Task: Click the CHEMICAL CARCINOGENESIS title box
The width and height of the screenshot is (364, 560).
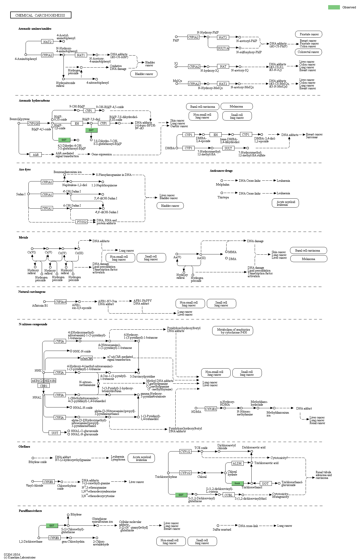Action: click(x=40, y=15)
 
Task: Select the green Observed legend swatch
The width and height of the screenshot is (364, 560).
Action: click(x=334, y=7)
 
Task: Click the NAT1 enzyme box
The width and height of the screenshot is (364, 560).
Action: click(x=81, y=55)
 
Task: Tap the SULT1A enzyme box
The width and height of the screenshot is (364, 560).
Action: click(x=223, y=48)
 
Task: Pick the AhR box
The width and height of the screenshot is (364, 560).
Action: click(x=36, y=155)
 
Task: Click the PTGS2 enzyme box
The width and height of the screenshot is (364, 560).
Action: click(x=82, y=222)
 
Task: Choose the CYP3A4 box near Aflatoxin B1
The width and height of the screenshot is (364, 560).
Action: click(x=60, y=302)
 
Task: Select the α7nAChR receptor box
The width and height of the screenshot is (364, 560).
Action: click(x=87, y=358)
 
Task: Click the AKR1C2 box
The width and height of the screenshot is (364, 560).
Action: click(x=37, y=381)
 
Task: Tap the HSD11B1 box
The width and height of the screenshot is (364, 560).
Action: click(x=50, y=381)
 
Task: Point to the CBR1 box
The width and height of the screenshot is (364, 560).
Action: click(x=44, y=386)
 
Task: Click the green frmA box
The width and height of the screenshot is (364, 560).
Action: click(x=237, y=483)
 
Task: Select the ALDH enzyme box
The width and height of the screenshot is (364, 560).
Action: click(x=237, y=463)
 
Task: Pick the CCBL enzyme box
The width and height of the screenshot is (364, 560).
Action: click(x=228, y=495)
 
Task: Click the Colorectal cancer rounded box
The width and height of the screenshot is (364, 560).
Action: click(x=308, y=52)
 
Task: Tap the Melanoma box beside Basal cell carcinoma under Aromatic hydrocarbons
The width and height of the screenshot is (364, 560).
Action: click(x=236, y=106)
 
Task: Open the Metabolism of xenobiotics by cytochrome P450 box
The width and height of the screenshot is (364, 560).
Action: click(x=233, y=331)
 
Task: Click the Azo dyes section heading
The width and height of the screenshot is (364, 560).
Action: click(x=25, y=169)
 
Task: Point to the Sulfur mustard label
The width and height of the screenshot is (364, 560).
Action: click(x=222, y=530)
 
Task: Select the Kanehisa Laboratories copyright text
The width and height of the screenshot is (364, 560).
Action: click(x=20, y=557)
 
